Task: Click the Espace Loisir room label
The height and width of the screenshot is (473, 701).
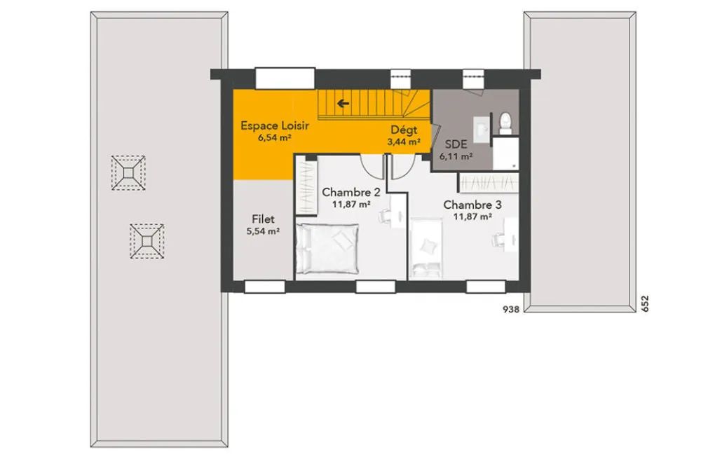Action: point(275,125)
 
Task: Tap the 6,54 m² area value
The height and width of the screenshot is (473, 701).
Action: point(275,138)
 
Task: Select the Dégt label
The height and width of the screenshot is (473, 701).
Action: point(404,130)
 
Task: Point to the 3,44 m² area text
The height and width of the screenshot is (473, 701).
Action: point(404,142)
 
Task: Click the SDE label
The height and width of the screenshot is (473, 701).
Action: point(456,144)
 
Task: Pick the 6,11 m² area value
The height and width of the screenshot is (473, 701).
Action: point(456,156)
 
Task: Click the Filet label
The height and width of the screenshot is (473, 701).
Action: point(263,219)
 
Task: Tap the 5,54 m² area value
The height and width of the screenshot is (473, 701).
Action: point(263,231)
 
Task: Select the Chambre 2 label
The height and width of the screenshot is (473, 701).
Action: point(351,192)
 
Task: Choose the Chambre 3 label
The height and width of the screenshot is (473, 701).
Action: point(472,205)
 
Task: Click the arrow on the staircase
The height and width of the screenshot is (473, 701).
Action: point(343,104)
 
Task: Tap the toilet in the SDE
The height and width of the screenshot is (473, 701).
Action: point(505,123)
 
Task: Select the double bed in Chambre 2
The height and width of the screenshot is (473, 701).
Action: point(327,249)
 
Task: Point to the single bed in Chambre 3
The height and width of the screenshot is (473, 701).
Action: point(426,248)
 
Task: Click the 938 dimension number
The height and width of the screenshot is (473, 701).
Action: point(511,309)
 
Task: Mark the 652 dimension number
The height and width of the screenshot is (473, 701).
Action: point(645,303)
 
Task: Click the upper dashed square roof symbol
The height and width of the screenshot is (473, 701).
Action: point(128,173)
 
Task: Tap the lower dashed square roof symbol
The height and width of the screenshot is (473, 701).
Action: point(147,242)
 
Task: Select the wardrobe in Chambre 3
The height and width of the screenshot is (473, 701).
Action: point(489,183)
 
